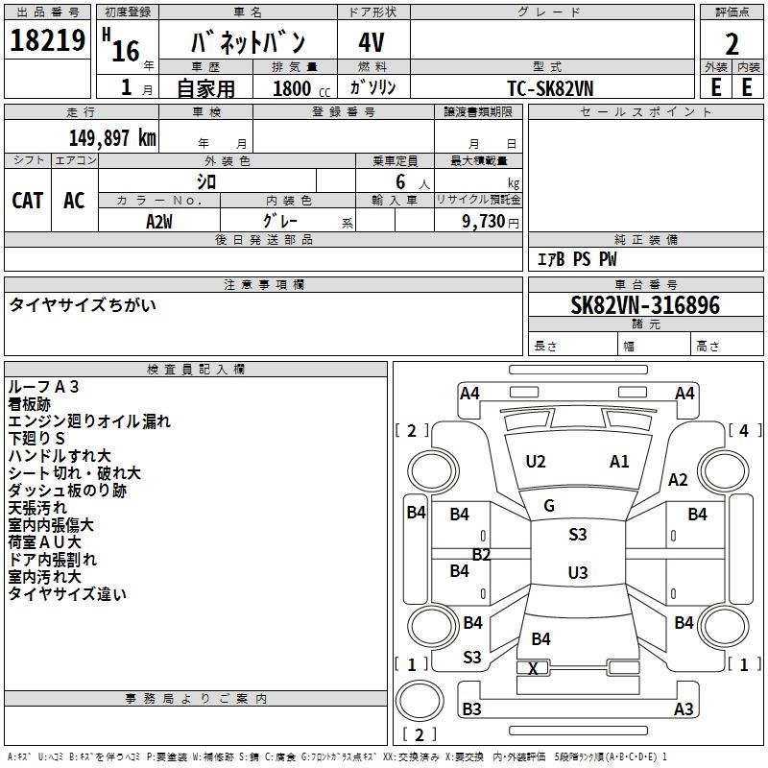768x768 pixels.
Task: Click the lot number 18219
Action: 47,41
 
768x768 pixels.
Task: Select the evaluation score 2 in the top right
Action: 732,44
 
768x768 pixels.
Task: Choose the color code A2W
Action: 159,221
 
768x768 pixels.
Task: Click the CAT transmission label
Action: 27,200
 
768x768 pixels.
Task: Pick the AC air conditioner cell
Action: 74,200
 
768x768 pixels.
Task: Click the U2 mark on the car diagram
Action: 536,462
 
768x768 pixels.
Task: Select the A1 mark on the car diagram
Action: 619,462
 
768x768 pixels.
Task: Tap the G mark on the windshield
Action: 549,506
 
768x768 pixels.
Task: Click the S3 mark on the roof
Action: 577,535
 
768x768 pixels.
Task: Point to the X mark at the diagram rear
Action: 533,668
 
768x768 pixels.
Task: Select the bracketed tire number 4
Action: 743,430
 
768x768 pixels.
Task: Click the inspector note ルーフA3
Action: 43,387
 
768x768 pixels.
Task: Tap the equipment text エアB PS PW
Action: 576,259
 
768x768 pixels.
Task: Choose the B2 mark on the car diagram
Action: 481,555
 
